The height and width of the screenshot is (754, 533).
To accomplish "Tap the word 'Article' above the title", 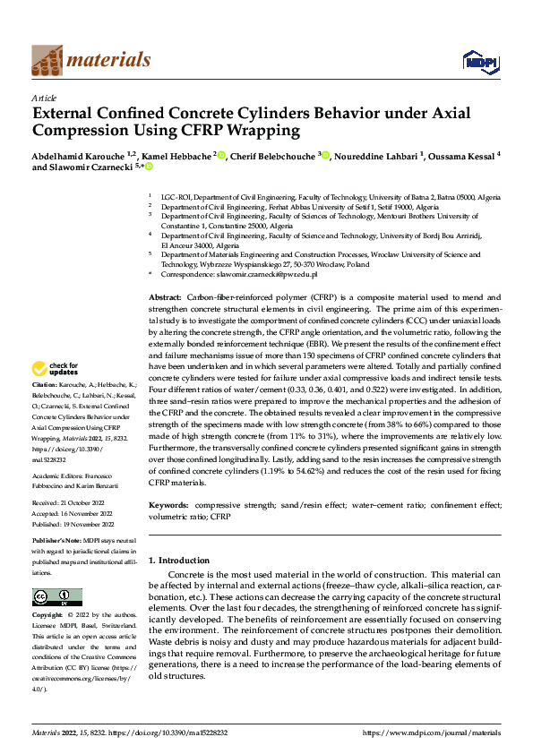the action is (44, 98).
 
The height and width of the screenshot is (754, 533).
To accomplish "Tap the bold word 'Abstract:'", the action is (164, 296).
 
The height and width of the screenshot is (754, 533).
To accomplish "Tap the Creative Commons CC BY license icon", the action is (56, 597).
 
